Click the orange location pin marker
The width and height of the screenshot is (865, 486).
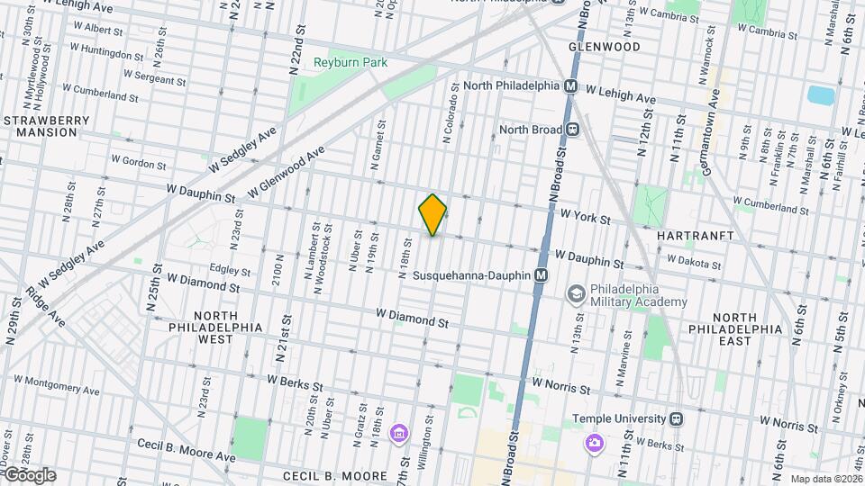432,215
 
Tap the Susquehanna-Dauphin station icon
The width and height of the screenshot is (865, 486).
541,275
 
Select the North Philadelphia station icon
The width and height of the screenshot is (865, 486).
570,86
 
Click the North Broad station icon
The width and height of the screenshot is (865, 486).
571,129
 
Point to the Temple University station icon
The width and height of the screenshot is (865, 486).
676,418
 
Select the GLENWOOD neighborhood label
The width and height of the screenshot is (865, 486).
605,46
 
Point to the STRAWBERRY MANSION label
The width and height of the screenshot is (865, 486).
47,126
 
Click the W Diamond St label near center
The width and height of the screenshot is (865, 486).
412,319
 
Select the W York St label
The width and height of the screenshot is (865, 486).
585,218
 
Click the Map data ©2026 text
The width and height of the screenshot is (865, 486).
825,480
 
